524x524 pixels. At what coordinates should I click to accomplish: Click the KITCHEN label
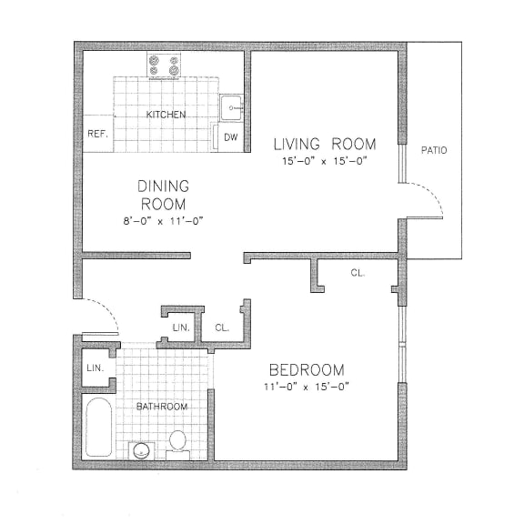166,115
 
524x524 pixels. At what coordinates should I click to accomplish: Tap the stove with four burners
165,65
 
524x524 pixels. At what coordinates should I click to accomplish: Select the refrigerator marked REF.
96,134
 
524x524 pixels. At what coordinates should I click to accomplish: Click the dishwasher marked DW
231,137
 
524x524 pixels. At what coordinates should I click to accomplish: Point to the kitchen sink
232,107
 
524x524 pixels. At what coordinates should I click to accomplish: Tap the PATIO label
434,150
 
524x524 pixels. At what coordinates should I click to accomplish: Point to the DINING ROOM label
164,195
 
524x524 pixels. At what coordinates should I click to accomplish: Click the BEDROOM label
307,369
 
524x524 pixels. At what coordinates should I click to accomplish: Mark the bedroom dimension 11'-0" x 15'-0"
307,388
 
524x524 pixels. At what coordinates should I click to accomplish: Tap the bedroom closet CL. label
357,273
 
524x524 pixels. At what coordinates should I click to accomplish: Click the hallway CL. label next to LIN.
222,327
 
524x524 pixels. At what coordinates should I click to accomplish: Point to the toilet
178,443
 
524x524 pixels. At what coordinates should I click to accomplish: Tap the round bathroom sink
141,448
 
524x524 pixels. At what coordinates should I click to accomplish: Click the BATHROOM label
162,407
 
